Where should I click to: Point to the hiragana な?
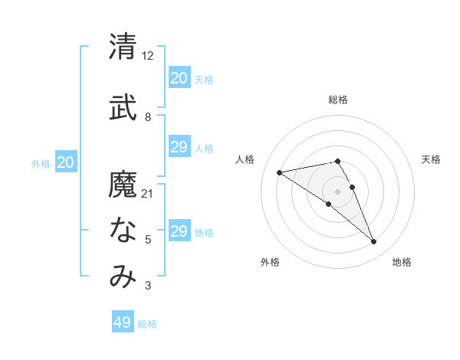point(123,230)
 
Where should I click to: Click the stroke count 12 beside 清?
point(148,55)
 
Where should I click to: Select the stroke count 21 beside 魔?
point(148,194)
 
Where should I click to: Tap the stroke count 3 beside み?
point(148,286)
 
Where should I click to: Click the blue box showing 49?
point(123,322)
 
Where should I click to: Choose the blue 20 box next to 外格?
point(66,162)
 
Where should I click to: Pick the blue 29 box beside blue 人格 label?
point(179,147)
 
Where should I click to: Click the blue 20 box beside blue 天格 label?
point(179,78)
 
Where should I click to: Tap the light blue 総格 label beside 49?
point(147,324)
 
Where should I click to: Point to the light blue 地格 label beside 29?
point(204,233)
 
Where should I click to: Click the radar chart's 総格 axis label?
point(337,100)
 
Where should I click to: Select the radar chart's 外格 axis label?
point(270,262)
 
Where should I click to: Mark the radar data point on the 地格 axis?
point(374,242)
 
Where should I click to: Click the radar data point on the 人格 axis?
point(279,172)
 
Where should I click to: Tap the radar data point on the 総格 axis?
point(337,161)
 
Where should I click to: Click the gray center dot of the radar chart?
point(337,191)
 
